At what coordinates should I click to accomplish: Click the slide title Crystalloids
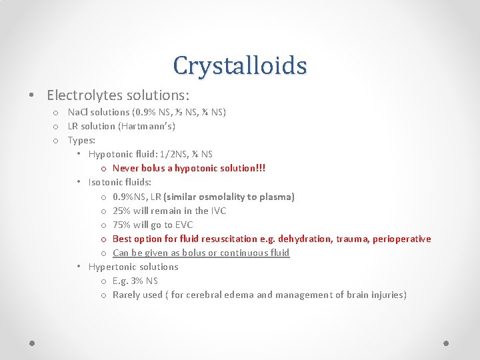pyautogui.click(x=239, y=65)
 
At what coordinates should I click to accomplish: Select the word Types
pyautogui.click(x=81, y=140)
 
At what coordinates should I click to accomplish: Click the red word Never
pyautogui.click(x=126, y=168)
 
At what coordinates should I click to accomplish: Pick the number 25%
pyautogui.click(x=123, y=211)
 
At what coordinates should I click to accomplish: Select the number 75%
pyautogui.click(x=123, y=225)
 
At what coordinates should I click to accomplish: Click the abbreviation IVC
pyautogui.click(x=218, y=211)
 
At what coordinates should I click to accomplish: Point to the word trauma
pyautogui.click(x=351, y=239)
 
